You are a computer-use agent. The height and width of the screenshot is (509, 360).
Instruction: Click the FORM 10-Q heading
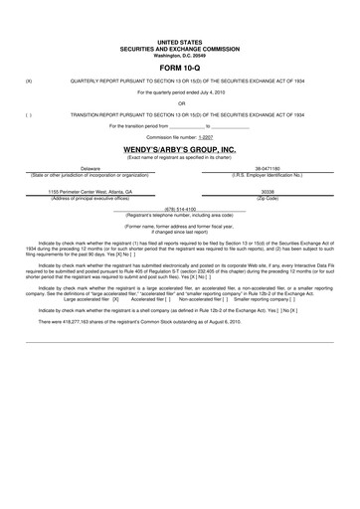click(179, 68)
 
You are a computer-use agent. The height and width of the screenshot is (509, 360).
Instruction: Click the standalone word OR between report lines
click(180, 102)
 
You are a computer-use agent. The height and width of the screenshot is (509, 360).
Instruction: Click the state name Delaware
click(90, 169)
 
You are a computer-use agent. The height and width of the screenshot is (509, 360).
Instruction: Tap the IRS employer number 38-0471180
click(268, 169)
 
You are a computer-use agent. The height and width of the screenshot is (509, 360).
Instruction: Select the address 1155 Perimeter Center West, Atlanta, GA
click(90, 193)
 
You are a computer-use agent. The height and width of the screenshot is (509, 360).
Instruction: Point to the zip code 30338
click(268, 193)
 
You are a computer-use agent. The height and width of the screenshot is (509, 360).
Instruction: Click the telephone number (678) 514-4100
click(179, 209)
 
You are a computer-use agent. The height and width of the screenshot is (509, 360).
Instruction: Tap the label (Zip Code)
click(268, 198)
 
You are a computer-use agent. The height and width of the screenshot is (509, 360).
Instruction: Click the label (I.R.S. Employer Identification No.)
click(268, 175)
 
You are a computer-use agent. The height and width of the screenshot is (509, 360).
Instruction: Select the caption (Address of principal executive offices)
click(90, 198)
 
